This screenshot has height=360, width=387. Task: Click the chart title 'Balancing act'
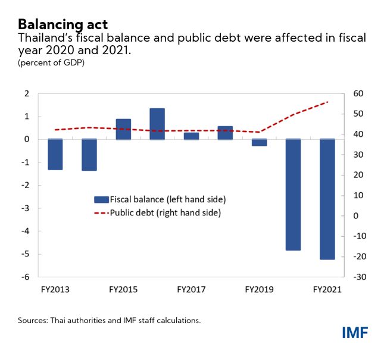click(x=63, y=24)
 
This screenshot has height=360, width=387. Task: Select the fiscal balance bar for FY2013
click(x=55, y=155)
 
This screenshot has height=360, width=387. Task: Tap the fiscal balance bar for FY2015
click(x=123, y=129)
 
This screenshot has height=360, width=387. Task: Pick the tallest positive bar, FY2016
click(x=157, y=124)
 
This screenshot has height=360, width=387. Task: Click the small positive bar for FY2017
click(x=191, y=136)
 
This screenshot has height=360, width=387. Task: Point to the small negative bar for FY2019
click(x=259, y=143)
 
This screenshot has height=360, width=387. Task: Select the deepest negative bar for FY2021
click(x=327, y=199)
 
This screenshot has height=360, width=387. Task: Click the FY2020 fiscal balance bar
click(x=293, y=195)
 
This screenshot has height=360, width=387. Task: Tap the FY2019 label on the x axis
click(x=259, y=290)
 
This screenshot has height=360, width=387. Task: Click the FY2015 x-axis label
click(x=123, y=290)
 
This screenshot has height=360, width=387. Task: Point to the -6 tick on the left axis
click(x=26, y=277)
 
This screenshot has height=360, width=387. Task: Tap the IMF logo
click(x=355, y=333)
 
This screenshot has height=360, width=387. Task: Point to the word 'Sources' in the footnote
click(x=33, y=320)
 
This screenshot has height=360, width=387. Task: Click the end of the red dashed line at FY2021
click(x=327, y=102)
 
